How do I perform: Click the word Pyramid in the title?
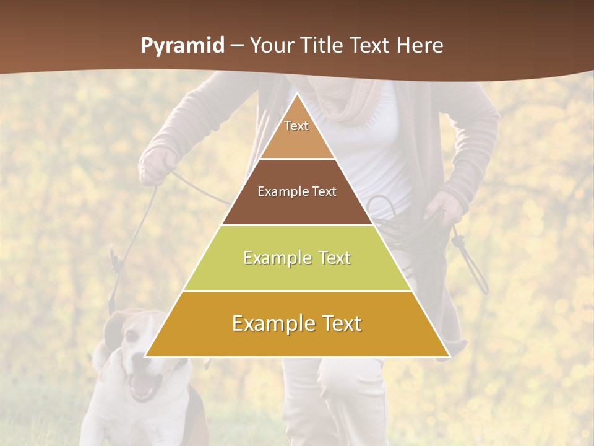point(181,46)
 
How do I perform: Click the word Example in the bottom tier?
point(271,323)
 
